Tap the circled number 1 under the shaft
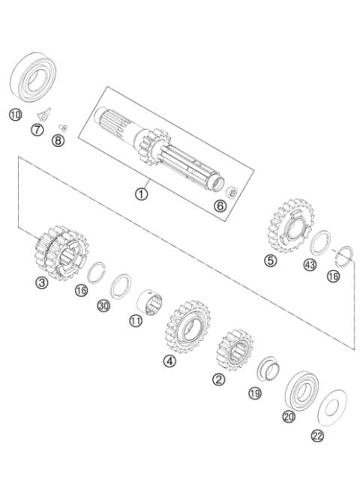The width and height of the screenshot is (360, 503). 141,193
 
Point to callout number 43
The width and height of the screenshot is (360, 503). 309,264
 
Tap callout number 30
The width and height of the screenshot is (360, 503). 102,305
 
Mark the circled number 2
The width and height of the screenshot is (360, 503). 218,379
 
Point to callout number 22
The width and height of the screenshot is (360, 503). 318,437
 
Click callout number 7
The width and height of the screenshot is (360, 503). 37,130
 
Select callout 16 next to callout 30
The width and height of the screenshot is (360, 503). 81,289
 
